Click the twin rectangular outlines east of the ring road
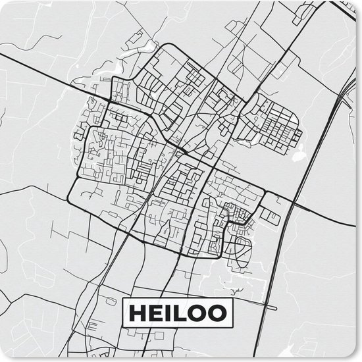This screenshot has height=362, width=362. coord(269,214)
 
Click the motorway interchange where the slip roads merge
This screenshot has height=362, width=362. coord(342,99)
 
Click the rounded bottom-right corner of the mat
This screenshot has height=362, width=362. coord(356,356)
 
